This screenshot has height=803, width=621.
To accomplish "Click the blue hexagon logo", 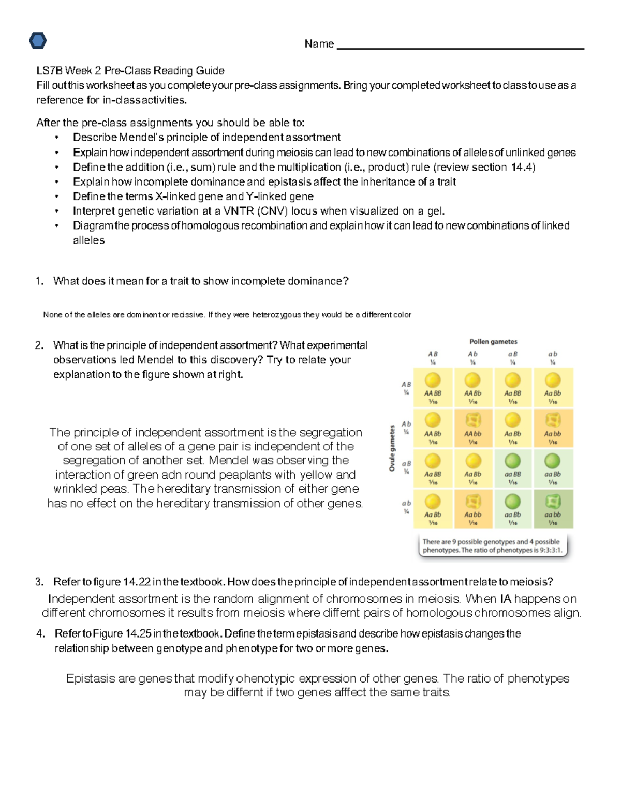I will tap(38, 40).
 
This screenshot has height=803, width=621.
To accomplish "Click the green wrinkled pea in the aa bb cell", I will tap(552, 501).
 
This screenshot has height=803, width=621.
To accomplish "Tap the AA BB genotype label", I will tap(433, 393).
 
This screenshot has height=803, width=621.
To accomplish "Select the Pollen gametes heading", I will tap(493, 342).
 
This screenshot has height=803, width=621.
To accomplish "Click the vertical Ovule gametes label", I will tap(392, 448).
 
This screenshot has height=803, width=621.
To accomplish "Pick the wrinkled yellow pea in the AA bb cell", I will tap(472, 420).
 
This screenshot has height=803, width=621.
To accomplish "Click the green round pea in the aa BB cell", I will tap(512, 460).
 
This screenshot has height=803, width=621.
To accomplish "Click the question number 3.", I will tap(39, 582).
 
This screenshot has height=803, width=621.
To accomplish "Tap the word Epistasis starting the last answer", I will tap(90, 678).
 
